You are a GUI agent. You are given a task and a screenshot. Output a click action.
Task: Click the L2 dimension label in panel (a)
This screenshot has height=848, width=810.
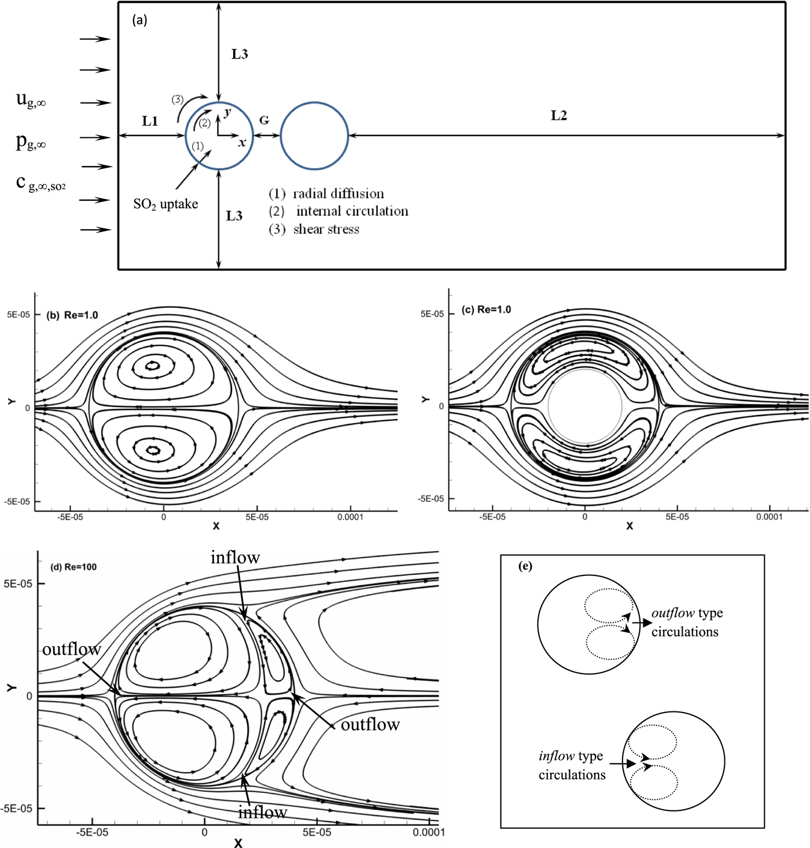[558, 116]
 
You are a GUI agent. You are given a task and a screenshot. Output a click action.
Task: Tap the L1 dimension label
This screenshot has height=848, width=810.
[150, 121]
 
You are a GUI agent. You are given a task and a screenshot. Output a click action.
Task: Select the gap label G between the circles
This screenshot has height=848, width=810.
[264, 120]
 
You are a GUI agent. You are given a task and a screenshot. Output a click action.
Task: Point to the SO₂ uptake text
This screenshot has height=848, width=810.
[165, 204]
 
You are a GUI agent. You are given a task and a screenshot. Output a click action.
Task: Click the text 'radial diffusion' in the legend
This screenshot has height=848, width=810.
[338, 193]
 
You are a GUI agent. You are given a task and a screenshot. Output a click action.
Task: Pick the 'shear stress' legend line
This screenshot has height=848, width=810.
[326, 229]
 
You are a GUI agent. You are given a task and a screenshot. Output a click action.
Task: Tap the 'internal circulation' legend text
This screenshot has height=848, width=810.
[352, 211]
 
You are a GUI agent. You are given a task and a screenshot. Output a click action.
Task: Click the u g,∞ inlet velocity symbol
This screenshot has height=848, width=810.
[31, 100]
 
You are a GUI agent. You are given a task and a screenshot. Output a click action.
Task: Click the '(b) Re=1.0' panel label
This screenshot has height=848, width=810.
[72, 315]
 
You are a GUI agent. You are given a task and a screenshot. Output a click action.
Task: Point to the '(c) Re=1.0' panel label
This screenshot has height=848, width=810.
[486, 310]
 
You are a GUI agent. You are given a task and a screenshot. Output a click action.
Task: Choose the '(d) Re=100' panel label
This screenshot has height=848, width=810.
[73, 567]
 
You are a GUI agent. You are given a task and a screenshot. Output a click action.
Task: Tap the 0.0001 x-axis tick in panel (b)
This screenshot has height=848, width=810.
[350, 517]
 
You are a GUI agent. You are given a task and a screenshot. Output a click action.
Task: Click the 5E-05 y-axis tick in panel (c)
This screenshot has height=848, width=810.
[432, 314]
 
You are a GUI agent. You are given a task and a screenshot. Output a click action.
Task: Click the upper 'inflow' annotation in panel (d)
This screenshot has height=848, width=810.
[235, 557]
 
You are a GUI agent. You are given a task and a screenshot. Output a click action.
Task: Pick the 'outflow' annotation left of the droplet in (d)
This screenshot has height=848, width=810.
[72, 649]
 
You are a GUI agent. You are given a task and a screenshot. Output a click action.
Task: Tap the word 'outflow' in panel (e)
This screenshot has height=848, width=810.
[673, 613]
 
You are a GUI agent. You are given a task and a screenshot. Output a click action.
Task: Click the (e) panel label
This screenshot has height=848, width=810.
[525, 566]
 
